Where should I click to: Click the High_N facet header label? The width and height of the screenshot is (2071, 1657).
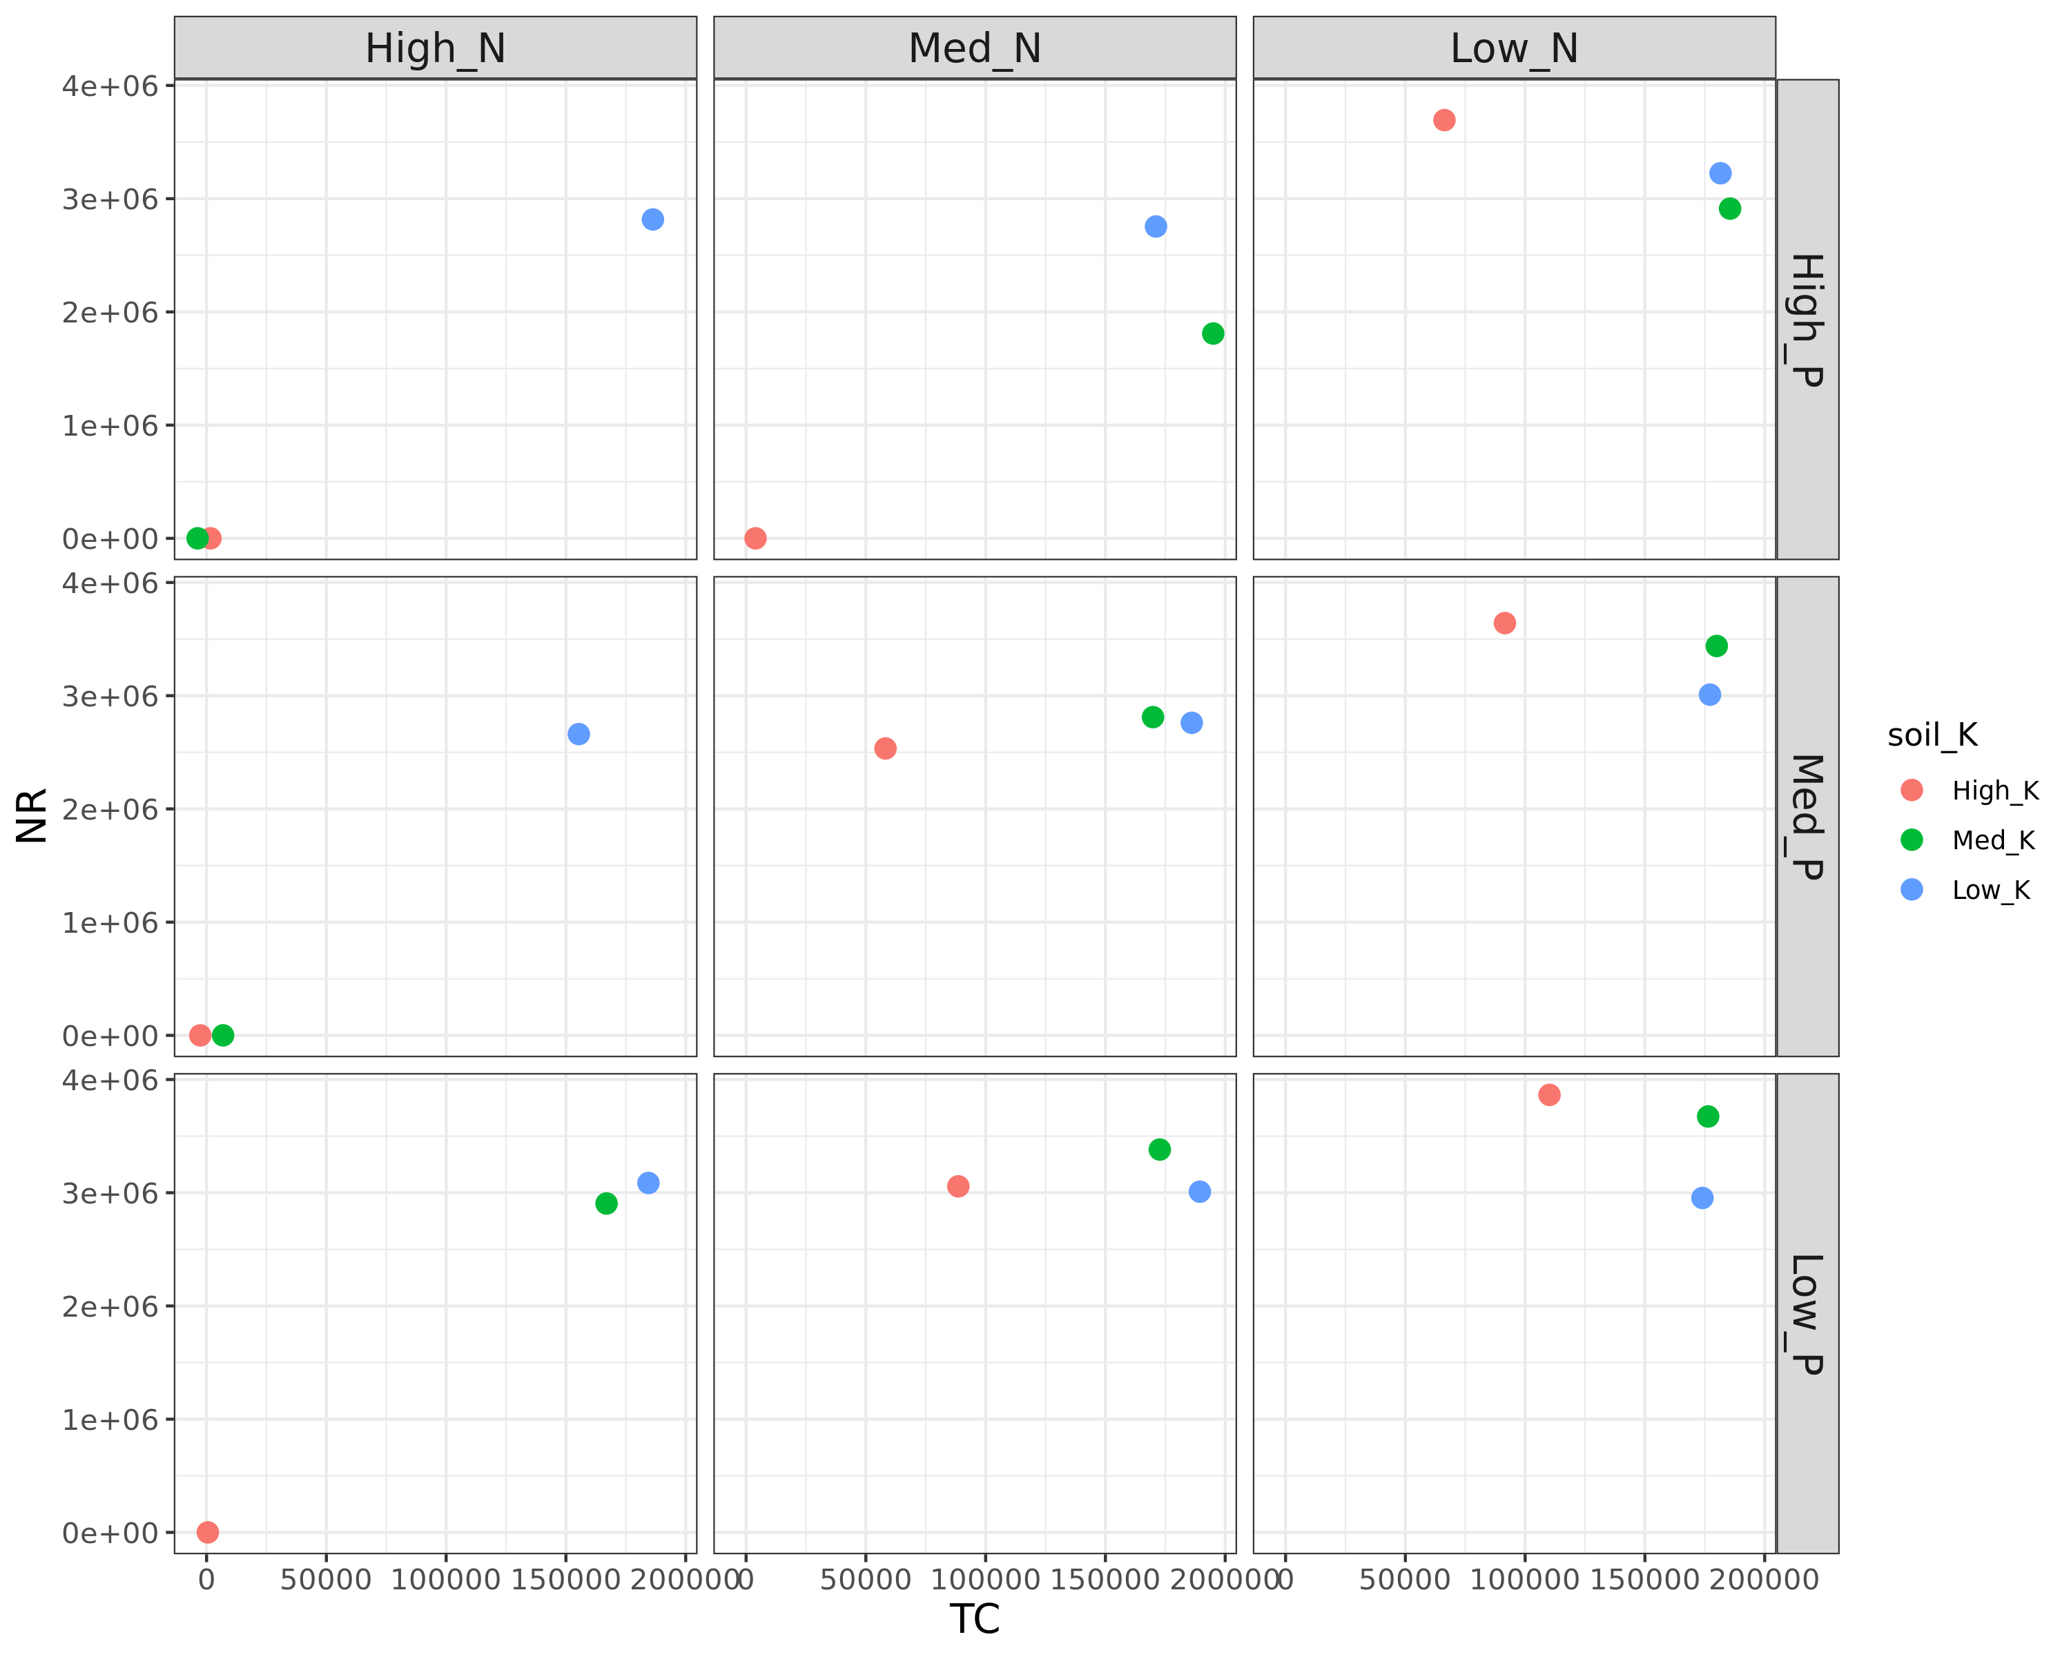435,48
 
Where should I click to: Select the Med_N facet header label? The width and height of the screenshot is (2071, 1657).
974,48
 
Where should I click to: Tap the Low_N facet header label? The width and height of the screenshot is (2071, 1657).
1514,48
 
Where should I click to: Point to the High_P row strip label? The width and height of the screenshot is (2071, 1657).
1807,320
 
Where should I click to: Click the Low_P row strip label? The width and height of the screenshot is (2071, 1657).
1807,1313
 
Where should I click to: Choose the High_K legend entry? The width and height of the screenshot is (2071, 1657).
1994,791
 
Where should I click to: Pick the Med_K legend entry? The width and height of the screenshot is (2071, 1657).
1992,840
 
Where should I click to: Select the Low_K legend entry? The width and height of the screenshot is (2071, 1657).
1990,891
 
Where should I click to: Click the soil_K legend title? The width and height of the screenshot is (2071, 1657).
1932,735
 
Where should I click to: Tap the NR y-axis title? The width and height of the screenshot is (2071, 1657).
32,815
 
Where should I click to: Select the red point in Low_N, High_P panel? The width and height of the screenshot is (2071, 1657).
1443,120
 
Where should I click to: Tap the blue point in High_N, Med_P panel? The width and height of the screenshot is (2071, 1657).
578,734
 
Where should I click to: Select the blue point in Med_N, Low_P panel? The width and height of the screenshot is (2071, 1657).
1199,1191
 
